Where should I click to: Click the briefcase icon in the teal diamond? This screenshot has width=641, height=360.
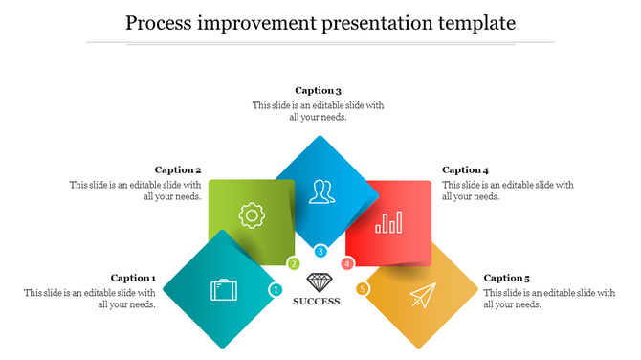(224, 289)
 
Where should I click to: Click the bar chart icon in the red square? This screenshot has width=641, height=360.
(389, 223)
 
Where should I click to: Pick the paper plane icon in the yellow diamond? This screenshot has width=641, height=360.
(420, 297)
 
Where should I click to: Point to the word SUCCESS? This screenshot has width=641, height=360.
(317, 302)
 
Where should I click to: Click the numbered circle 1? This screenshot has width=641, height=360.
(276, 289)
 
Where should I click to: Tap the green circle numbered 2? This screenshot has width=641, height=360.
(294, 263)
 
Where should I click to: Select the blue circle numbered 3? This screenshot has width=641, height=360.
(320, 252)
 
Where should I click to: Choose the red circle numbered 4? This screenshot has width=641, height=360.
(347, 263)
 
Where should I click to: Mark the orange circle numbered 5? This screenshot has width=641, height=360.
(363, 289)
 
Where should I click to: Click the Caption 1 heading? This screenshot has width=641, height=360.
(133, 278)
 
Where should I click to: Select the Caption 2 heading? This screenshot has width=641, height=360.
(178, 169)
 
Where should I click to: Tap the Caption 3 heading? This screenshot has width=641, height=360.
(318, 91)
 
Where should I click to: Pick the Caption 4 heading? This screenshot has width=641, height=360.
(466, 169)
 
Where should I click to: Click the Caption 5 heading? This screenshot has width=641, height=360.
(507, 278)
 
